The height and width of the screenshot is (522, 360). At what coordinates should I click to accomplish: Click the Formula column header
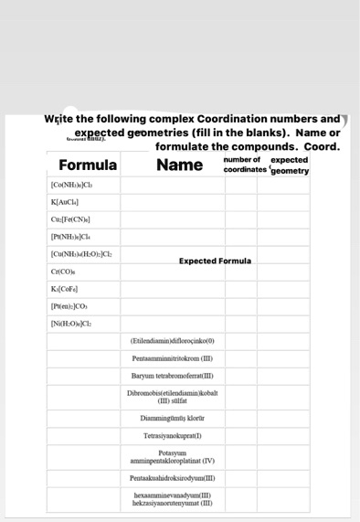(88, 165)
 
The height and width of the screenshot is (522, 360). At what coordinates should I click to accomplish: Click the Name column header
(179, 165)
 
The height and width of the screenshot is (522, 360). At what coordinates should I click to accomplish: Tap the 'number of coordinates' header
(245, 165)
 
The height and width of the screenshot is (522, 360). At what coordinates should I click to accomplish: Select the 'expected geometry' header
(290, 165)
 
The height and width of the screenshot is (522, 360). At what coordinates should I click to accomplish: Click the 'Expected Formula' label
(214, 261)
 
